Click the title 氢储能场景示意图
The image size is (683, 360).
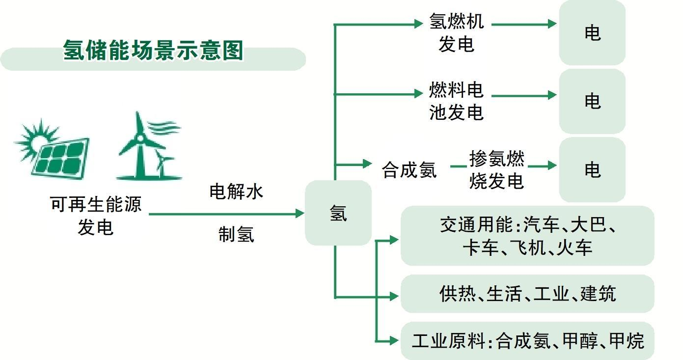(153, 51)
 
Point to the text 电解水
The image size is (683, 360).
(236, 192)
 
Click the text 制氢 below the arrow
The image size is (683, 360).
(236, 234)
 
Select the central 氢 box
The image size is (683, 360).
(338, 213)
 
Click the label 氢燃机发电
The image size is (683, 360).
(456, 33)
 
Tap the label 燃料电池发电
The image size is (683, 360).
(456, 102)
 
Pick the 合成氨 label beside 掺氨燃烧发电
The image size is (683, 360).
(409, 170)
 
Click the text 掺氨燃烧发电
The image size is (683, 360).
(496, 170)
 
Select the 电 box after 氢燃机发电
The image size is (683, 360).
(592, 33)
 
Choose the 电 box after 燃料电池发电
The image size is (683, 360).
(592, 101)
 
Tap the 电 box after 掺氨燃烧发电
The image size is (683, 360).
(592, 170)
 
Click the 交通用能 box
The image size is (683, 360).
(527, 236)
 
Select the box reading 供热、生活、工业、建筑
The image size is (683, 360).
(527, 294)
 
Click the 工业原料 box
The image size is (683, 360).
(527, 341)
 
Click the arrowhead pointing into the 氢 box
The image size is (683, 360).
(300, 214)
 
